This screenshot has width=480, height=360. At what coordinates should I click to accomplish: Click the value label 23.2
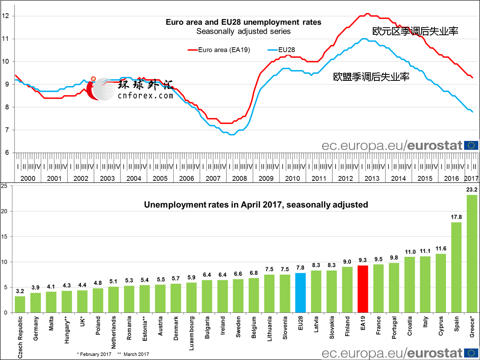[472, 191]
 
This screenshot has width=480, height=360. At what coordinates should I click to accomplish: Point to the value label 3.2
[20, 291]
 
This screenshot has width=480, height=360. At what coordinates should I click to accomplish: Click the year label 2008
[239, 179]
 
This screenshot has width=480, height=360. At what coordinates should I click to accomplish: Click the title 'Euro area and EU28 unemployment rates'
[243, 22]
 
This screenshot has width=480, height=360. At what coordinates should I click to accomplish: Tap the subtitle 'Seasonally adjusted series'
[243, 31]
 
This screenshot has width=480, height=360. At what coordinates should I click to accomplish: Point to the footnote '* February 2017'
[94, 354]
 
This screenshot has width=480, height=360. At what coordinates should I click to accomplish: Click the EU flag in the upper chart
[471, 145]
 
